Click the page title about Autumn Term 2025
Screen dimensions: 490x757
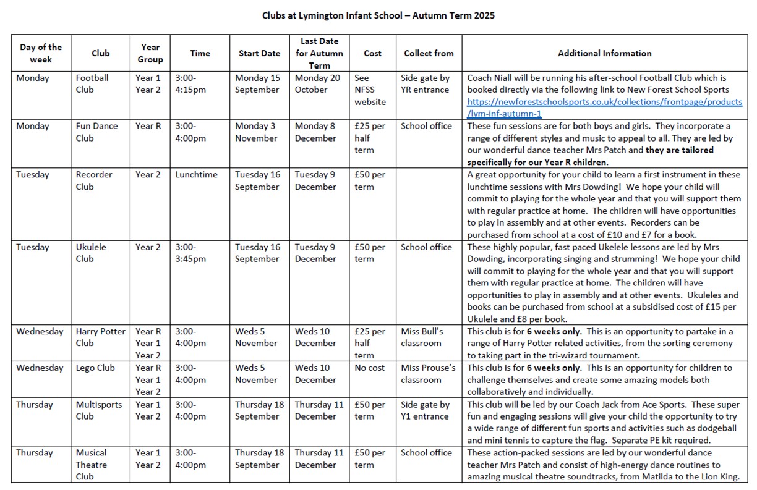pos(378,15)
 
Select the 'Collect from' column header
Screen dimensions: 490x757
pos(429,53)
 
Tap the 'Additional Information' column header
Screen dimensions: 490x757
pos(604,53)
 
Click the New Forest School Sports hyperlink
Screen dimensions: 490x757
pos(604,108)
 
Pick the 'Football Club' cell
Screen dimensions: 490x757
pos(92,84)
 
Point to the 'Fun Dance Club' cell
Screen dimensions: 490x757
pos(96,132)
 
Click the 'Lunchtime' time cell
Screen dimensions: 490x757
pos(196,175)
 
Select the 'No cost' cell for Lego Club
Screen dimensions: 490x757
pos(369,368)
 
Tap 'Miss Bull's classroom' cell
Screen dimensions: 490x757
pos(422,337)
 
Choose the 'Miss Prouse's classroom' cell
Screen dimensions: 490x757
pos(427,374)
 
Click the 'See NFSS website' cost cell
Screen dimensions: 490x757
pos(370,90)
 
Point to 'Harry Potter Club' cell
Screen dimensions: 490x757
pos(100,337)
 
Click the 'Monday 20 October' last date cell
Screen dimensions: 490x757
pos(317,84)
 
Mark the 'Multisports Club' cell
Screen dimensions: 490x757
pos(99,410)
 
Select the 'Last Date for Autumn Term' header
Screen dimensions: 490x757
pos(319,53)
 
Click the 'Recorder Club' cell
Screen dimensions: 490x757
pos(94,180)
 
